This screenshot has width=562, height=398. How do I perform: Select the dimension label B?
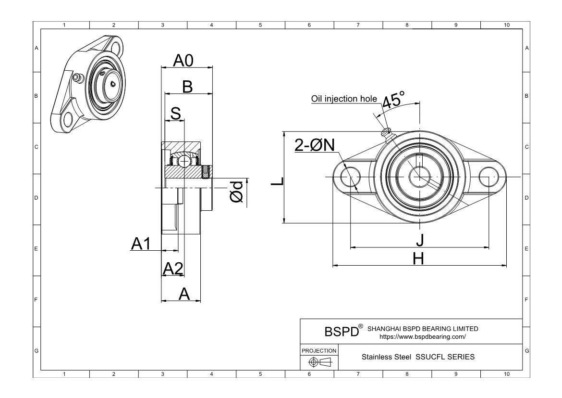click(x=187, y=87)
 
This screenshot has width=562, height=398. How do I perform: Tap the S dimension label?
click(x=176, y=114)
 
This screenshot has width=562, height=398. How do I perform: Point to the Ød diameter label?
click(x=236, y=194)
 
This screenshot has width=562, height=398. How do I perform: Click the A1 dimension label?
click(x=141, y=244)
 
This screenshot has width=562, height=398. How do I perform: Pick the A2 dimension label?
click(x=173, y=269)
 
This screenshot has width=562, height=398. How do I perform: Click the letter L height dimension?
click(x=277, y=181)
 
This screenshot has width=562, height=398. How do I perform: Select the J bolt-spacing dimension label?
click(x=419, y=240)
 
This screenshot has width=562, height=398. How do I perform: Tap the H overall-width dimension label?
click(x=419, y=258)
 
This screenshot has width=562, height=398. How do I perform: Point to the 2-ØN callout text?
click(x=315, y=145)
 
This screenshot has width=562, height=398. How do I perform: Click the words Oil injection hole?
click(x=344, y=99)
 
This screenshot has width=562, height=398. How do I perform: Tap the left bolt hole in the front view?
click(x=350, y=177)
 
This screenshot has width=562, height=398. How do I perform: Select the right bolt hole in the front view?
click(x=488, y=177)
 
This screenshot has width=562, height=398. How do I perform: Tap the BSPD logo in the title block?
click(x=342, y=332)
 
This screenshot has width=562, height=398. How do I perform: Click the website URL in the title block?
click(x=423, y=337)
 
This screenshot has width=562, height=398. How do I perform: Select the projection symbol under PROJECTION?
click(x=319, y=362)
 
